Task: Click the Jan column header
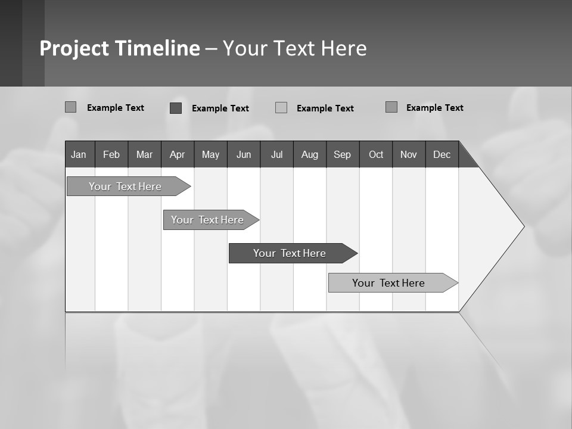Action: click(79, 154)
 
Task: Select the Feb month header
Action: click(111, 154)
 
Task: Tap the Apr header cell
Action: click(177, 154)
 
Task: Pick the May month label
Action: click(210, 154)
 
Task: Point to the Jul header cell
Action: click(276, 154)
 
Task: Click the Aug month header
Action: click(310, 154)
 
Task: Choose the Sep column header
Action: click(342, 154)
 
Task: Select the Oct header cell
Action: click(376, 154)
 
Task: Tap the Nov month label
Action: click(409, 154)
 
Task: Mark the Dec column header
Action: click(442, 154)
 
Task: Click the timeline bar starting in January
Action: click(125, 186)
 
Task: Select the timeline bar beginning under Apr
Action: click(207, 220)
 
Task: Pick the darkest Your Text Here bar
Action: click(290, 253)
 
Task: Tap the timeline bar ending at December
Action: click(388, 283)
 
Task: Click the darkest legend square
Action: click(176, 108)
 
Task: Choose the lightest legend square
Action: click(281, 108)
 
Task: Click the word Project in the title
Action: click(74, 48)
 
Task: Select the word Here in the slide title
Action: click(344, 48)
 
